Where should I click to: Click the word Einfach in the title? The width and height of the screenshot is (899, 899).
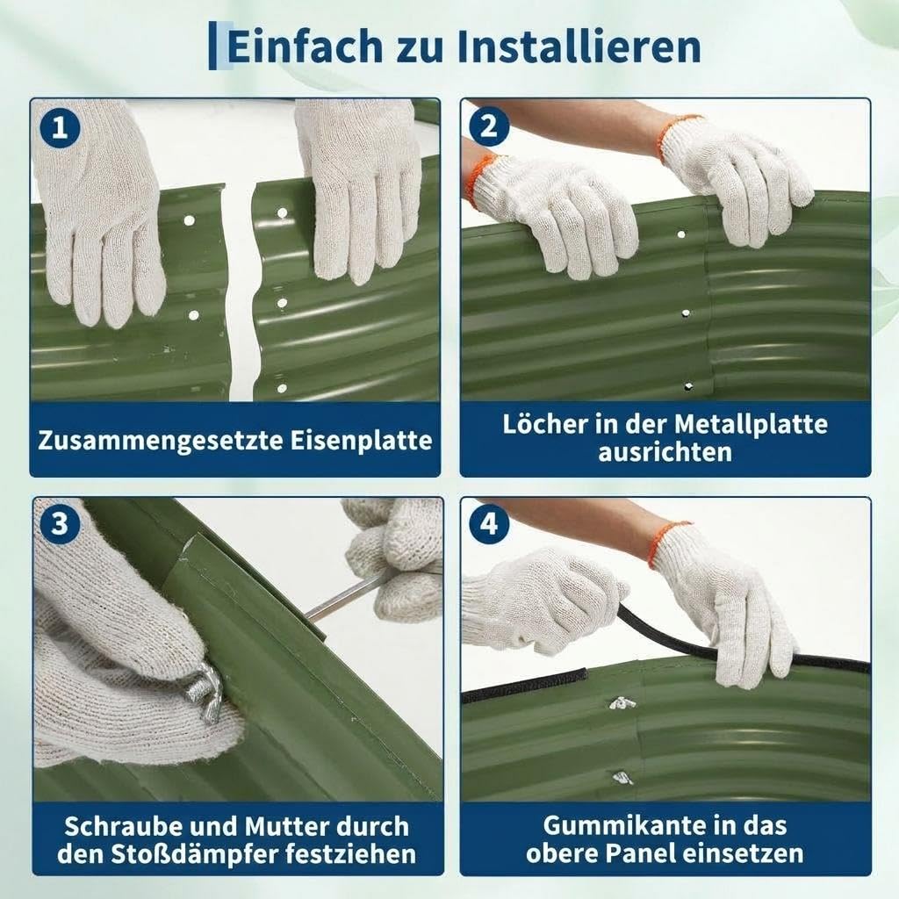tap(305, 47)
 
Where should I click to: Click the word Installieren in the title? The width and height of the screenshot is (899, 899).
tap(579, 47)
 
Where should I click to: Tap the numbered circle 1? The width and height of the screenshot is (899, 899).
tap(60, 127)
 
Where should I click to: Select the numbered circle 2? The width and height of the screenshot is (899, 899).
tap(489, 126)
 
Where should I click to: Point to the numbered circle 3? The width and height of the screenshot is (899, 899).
tap(60, 524)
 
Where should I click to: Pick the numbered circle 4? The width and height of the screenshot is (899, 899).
tap(489, 524)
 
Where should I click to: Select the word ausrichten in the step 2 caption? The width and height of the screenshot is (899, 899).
tap(665, 452)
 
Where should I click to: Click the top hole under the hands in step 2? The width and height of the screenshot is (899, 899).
tap(681, 234)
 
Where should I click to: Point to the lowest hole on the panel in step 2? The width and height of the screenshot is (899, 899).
tap(688, 387)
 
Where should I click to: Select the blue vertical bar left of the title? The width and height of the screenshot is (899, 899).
tap(212, 46)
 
